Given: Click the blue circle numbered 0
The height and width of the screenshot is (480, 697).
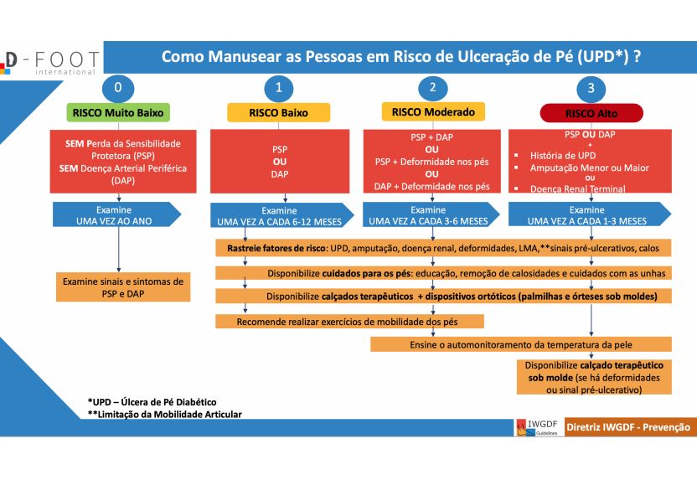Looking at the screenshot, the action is (118, 88).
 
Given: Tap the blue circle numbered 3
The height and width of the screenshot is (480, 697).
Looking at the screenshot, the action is (591, 88).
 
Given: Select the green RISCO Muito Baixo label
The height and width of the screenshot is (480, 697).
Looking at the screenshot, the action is (118, 112).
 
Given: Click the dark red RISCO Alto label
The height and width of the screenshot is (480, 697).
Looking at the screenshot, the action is (591, 113).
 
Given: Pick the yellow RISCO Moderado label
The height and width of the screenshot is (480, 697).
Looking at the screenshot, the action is (433, 112).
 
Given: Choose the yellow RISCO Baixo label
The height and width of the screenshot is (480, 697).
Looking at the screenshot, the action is (279, 113).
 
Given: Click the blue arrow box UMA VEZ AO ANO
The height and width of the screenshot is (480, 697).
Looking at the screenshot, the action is (117, 215).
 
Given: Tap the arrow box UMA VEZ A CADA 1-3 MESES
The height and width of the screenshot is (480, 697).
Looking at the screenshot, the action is (590, 215).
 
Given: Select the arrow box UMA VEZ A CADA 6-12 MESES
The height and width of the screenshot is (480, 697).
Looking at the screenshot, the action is (281, 215).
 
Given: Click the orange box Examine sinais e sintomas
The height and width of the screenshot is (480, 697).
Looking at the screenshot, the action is (123, 287).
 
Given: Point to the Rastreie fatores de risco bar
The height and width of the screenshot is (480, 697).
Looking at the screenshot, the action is (443, 248).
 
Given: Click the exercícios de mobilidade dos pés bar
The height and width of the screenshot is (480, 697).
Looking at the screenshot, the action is (349, 322).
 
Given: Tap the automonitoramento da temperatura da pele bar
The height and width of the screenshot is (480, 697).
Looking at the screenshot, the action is (520, 344).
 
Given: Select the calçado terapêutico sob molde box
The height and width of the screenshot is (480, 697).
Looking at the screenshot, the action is (594, 377).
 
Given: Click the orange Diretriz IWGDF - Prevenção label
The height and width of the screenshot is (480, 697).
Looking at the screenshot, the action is (628, 427).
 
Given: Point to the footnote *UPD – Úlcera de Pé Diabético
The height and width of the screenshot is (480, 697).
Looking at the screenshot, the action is (152, 402).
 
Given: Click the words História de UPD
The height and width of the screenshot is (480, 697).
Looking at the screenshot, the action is (563, 156).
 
